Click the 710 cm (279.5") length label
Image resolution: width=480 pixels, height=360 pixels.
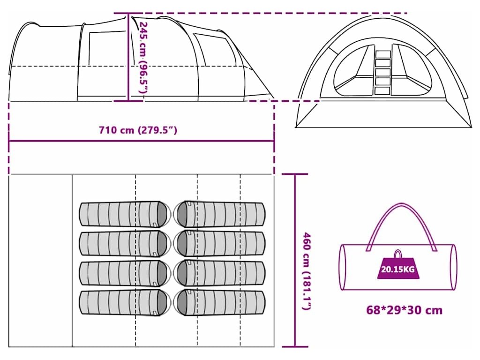pos(138,130)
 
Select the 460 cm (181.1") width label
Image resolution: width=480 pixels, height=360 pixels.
pos(307,271)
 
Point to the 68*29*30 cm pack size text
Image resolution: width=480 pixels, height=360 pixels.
pos(404,310)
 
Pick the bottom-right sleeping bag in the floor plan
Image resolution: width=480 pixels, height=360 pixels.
pos(219,302)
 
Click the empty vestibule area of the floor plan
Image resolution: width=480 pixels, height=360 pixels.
pos(41,261)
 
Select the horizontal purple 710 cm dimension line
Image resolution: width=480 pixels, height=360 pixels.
pos(141,140)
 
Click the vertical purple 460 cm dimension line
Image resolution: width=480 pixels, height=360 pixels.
pos(295,260)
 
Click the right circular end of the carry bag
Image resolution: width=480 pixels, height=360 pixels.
pos(452,267)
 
